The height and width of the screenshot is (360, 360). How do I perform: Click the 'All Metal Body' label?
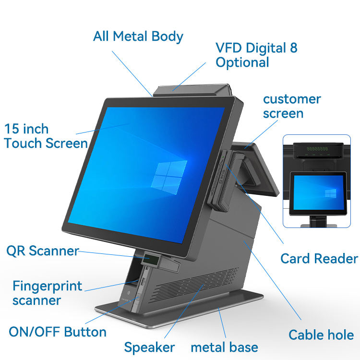[138, 36]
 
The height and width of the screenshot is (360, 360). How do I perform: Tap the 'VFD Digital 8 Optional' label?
[256, 55]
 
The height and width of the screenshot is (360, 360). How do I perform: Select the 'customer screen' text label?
[291, 106]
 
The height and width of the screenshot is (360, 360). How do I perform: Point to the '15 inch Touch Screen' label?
[46, 136]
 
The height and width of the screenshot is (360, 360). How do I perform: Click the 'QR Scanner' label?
[42, 251]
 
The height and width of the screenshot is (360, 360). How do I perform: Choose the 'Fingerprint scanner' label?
[47, 293]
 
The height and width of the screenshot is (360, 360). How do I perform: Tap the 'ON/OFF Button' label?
[58, 332]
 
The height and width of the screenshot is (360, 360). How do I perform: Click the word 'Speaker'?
[149, 347]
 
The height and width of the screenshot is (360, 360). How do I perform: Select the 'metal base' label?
[224, 347]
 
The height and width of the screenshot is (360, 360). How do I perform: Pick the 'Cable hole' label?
[321, 335]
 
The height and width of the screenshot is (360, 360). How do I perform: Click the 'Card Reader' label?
[319, 259]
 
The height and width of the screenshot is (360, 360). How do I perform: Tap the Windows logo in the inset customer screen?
[330, 193]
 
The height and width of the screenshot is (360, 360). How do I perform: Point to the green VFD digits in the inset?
[317, 149]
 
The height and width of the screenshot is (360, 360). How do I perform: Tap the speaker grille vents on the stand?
[192, 284]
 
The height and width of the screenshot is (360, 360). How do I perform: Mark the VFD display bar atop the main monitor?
[192, 89]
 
